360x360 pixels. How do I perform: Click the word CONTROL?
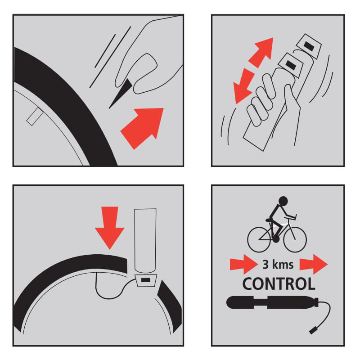coord(279,284)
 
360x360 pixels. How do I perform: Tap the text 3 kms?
coord(278,265)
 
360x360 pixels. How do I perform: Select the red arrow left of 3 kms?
coord(243,264)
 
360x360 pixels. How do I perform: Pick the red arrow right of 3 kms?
coord(314,264)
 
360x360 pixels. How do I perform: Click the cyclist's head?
coord(283,201)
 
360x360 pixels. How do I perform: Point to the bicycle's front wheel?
coord(295,239)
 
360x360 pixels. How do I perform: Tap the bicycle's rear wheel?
coord(259,239)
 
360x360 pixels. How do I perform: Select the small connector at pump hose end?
coord(313,331)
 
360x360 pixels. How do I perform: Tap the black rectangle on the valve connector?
coord(145,280)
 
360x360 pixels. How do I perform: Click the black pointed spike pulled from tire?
coord(120,94)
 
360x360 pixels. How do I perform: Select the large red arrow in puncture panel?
coord(142,129)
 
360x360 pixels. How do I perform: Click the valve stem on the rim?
coord(35,117)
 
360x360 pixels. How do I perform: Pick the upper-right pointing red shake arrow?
coord(261,53)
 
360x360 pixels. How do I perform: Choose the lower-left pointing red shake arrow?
coord(244,86)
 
